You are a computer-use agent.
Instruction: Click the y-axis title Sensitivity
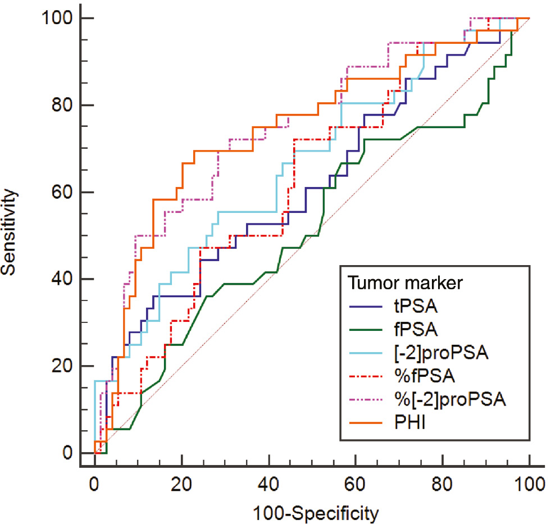tap(10, 232)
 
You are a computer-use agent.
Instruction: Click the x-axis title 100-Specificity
tap(312, 512)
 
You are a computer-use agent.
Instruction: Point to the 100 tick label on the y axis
tap(58, 19)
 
